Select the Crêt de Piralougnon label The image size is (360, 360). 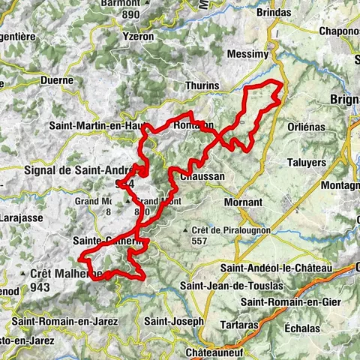[230, 229]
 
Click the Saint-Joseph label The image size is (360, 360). [174, 321]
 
